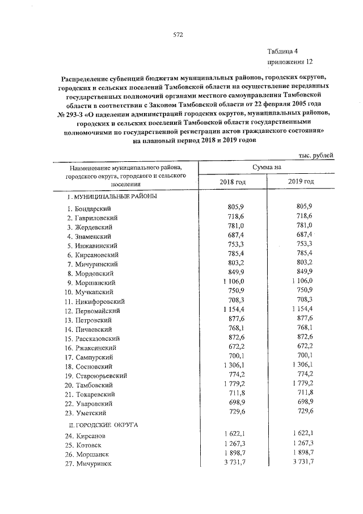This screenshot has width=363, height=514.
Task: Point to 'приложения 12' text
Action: pyautogui.click(x=289, y=61)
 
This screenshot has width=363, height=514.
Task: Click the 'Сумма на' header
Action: pyautogui.click(x=267, y=167)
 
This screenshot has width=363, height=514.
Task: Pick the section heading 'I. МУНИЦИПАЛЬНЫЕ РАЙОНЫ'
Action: pyautogui.click(x=112, y=197)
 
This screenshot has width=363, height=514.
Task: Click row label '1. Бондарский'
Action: pyautogui.click(x=90, y=209)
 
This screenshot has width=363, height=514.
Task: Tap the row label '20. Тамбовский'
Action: pyautogui.click(x=92, y=385)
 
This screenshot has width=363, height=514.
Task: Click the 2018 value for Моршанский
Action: pyautogui.click(x=232, y=282)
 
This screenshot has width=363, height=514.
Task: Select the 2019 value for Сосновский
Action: pyautogui.click(x=301, y=366)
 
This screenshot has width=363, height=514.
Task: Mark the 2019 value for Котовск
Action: pyautogui.click(x=301, y=445)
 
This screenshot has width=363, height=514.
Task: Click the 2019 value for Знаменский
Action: pyautogui.click(x=303, y=235)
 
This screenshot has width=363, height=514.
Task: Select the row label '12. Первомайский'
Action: pyautogui.click(x=95, y=311)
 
